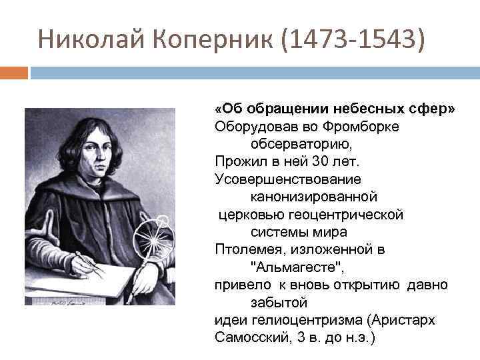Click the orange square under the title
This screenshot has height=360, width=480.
click(x=13, y=71)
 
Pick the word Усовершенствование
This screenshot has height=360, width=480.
click(x=288, y=179)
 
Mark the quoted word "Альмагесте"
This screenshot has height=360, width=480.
click(x=298, y=267)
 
